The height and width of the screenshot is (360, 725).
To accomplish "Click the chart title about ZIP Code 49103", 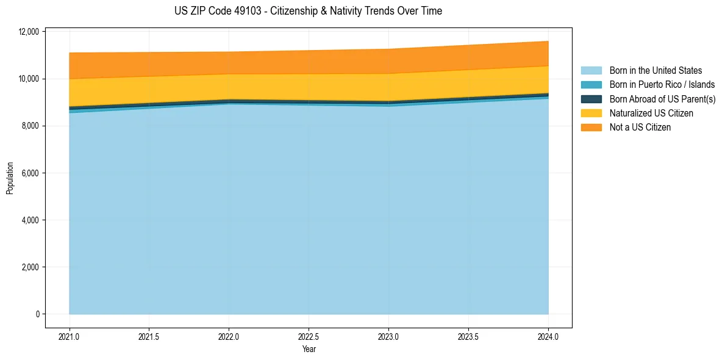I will coord(308,11).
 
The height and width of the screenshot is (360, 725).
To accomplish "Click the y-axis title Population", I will coord(10,178).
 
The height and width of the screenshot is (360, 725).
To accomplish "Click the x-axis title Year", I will coord(309,349).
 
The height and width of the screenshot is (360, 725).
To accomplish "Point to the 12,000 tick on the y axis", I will coord(29,32).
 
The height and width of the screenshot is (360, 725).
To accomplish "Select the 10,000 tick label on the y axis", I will coord(29,79).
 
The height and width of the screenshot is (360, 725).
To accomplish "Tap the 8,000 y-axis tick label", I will coord(30,126).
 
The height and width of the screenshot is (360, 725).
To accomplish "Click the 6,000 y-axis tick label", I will coord(30,173).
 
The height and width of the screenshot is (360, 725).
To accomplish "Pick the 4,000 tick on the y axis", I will coord(30,220).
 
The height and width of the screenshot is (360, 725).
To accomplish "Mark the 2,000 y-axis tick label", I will coord(30,267).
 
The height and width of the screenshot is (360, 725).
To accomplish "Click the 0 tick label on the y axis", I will coord(37,314).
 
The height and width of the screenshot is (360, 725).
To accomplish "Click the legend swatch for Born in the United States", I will coord(591,71).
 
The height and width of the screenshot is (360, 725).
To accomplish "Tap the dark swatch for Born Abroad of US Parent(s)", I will coord(591,99).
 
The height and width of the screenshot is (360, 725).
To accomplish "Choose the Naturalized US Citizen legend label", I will coord(651,113).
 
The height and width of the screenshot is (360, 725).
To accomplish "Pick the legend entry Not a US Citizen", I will coord(640,128).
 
